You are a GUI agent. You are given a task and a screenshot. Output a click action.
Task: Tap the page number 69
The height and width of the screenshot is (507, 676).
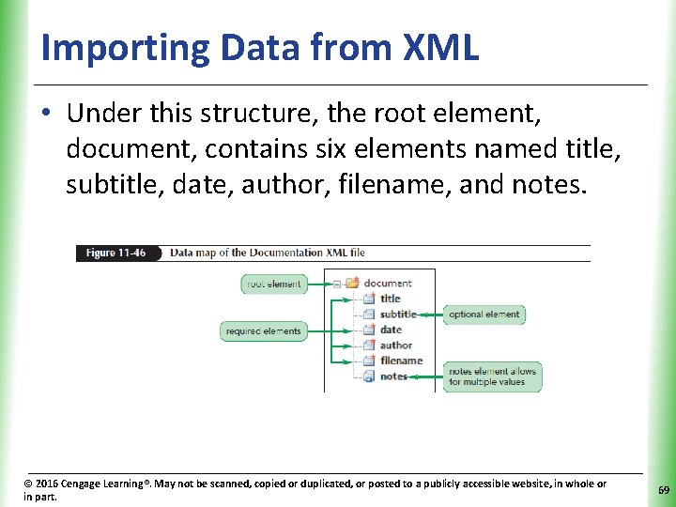pyautogui.click(x=663, y=490)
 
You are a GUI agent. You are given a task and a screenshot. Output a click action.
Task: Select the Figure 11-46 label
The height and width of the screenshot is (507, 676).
pyautogui.click(x=116, y=253)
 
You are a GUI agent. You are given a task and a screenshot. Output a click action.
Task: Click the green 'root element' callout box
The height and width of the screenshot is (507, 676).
pyautogui.click(x=274, y=284)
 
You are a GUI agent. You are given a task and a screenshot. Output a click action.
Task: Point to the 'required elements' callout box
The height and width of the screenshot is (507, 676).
pyautogui.click(x=265, y=330)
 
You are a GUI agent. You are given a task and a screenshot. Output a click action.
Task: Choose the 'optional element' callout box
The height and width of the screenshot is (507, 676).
pyautogui.click(x=484, y=315)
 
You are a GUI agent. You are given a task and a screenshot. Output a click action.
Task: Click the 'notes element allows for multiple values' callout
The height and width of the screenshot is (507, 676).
pyautogui.click(x=492, y=376)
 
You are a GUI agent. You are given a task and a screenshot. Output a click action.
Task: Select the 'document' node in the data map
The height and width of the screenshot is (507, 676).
pyautogui.click(x=388, y=283)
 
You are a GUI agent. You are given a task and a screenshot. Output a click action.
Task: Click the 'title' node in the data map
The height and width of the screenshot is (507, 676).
pyautogui.click(x=390, y=299)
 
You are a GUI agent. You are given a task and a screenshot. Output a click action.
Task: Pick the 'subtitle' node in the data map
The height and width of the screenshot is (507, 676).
pyautogui.click(x=398, y=315)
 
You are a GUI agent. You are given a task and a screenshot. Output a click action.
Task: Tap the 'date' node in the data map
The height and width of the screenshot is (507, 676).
pyautogui.click(x=391, y=330)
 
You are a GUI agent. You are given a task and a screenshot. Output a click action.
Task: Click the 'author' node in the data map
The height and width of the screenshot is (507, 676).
pyautogui.click(x=395, y=346)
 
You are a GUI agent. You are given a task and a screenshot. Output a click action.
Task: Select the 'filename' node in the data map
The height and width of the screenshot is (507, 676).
pyautogui.click(x=401, y=361)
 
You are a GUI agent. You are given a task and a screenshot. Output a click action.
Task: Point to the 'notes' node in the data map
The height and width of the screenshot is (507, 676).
pyautogui.click(x=393, y=376)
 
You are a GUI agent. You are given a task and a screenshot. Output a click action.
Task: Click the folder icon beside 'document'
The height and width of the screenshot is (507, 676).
pyautogui.click(x=353, y=283)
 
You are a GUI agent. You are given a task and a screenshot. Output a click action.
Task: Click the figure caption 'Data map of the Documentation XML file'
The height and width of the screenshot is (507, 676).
pyautogui.click(x=267, y=253)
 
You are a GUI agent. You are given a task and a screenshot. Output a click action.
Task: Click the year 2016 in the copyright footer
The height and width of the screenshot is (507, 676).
pyautogui.click(x=47, y=484)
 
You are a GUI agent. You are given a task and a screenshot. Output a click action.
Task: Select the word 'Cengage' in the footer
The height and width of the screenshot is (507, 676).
pyautogui.click(x=85, y=484)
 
